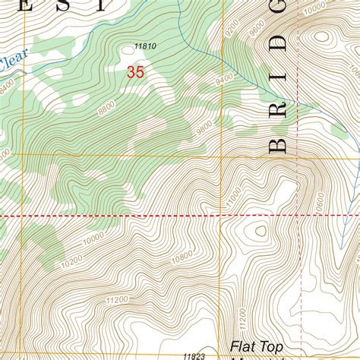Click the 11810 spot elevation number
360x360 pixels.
[x=145, y=46]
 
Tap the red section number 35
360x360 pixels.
[x=136, y=73]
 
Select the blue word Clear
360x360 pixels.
[x=9, y=65]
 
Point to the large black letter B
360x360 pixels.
[x=278, y=144]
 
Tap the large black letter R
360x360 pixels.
[x=278, y=108]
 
